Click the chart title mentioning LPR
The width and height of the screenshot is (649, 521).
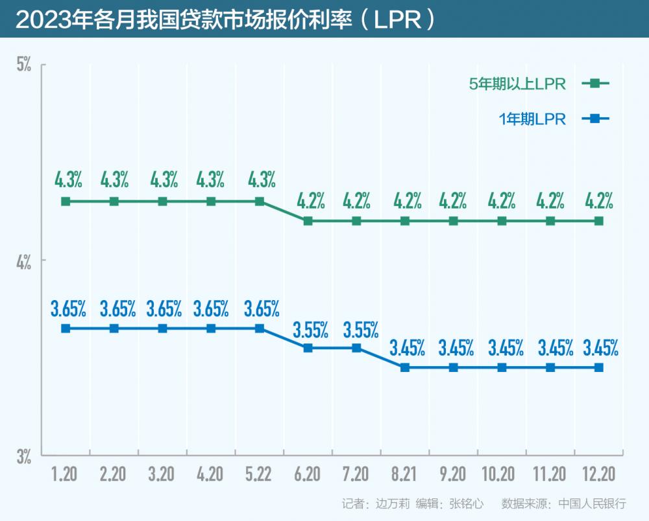tap(224, 19)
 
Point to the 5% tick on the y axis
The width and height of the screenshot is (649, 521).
tap(24, 65)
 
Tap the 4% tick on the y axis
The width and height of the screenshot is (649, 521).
tap(24, 262)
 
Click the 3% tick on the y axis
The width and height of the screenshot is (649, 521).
tap(24, 456)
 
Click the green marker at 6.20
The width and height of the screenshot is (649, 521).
tap(308, 221)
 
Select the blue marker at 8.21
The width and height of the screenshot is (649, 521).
tap(405, 367)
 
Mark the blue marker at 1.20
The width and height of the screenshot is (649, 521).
tap(66, 329)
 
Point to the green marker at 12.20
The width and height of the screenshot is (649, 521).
tap(599, 221)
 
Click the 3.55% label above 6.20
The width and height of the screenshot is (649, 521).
tap(310, 330)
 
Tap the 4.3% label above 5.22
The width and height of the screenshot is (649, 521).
tap(262, 178)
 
